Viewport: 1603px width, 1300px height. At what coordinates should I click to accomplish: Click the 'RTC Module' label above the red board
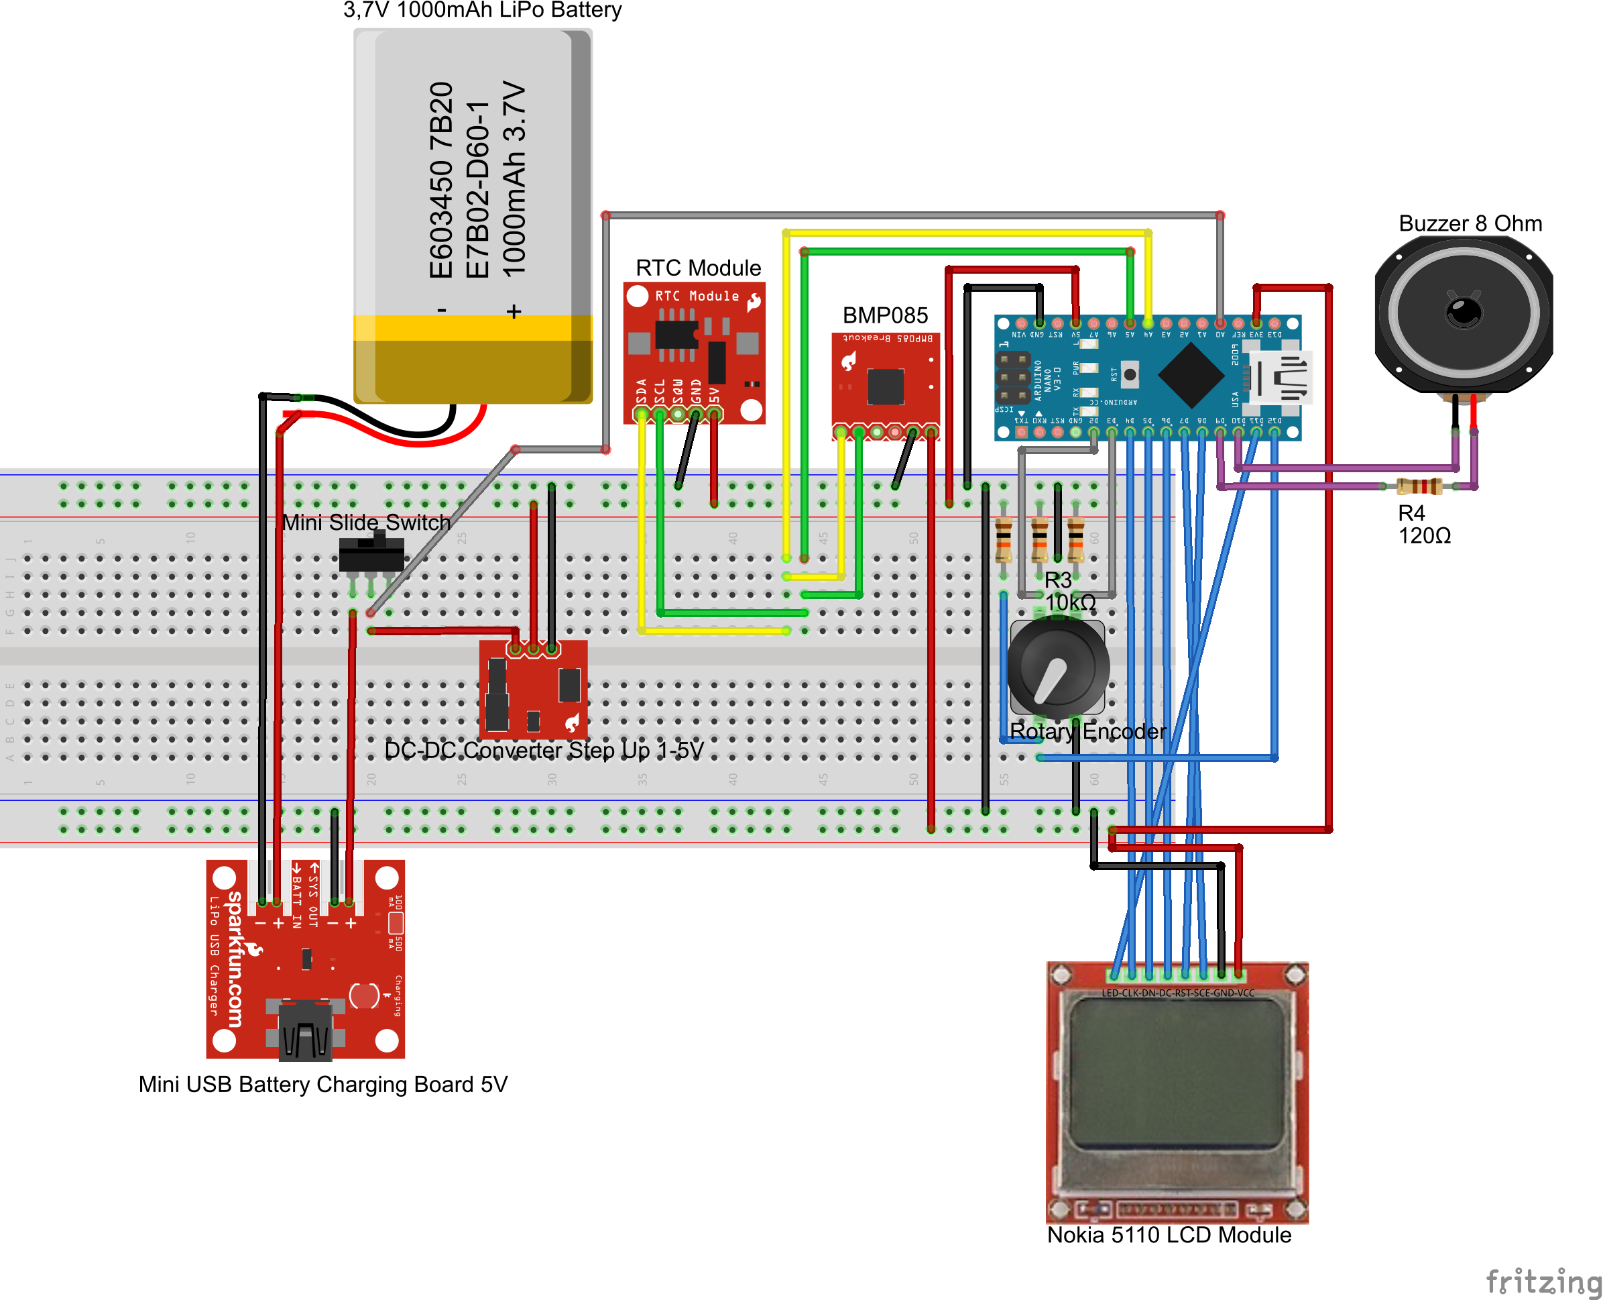[x=697, y=268]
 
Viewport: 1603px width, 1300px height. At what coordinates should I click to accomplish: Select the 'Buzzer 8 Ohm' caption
[x=1470, y=223]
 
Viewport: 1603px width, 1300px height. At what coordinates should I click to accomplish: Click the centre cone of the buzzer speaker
[x=1464, y=310]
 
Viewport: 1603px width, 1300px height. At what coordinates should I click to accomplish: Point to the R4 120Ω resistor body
[x=1419, y=487]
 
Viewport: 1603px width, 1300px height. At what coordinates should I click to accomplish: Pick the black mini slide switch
[x=371, y=555]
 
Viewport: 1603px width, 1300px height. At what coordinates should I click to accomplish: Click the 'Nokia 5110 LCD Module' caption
[x=1169, y=1235]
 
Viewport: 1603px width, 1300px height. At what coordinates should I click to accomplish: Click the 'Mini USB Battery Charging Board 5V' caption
[x=322, y=1084]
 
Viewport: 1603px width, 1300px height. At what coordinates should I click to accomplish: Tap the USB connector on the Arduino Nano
[x=1282, y=378]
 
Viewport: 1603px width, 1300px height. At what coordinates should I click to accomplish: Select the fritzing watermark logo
[x=1543, y=1281]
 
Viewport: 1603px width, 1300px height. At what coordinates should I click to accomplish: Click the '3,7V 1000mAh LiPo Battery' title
[x=482, y=10]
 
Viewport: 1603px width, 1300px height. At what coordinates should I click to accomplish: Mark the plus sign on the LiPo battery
[x=514, y=311]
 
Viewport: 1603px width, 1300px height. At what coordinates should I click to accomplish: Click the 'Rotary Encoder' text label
[x=1087, y=732]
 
